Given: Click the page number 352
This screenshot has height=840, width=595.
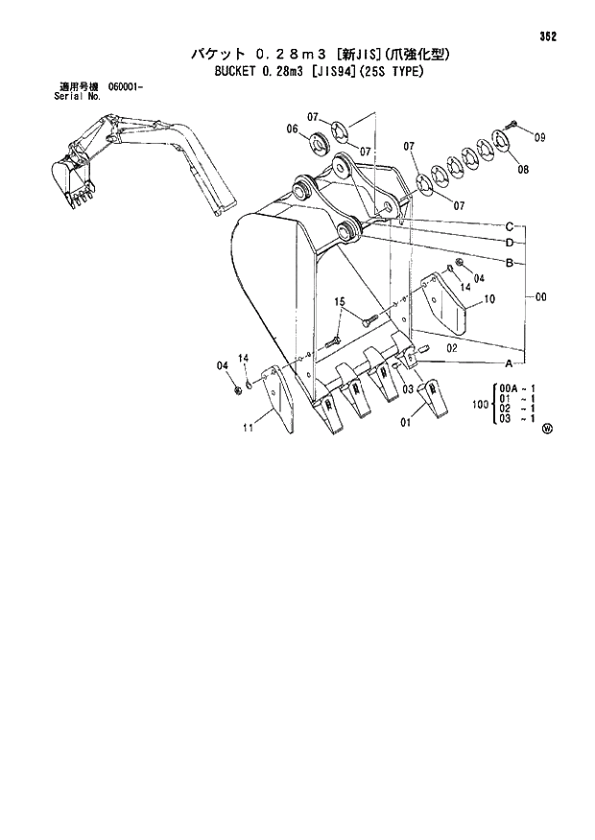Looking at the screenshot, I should point(548,36).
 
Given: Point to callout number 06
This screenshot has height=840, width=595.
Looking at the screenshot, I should point(292,128).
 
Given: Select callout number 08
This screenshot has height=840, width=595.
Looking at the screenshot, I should point(522,170).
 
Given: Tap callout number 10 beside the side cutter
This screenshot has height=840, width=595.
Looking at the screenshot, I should point(489,300).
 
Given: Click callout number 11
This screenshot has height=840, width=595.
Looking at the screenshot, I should point(248,428).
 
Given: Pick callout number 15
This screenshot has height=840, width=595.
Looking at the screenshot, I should point(340,303).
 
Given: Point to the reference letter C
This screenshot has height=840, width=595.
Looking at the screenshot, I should point(512,226).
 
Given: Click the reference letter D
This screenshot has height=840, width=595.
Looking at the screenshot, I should point(512,243).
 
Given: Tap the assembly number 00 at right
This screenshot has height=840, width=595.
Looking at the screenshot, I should point(541,297).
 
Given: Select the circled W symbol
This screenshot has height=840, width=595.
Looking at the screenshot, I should point(547,429).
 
